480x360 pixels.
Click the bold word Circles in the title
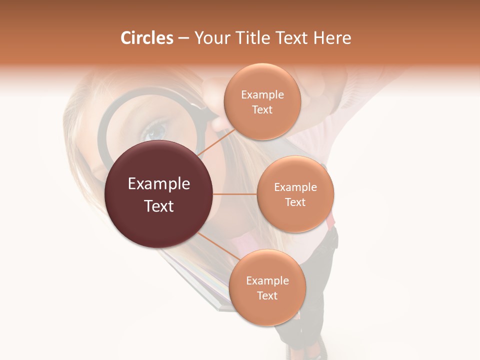pos(147,38)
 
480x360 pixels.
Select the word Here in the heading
pos(333,38)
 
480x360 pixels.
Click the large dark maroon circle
pos(158,194)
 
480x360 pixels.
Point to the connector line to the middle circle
pos(234,194)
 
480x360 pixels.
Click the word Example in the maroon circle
pos(159,184)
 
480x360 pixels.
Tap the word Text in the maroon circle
pos(159,206)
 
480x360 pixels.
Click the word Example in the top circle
pos(262,94)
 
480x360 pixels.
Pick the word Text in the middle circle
pos(295,202)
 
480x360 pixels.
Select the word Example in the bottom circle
pos(267,280)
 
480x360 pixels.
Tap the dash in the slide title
pos(183,38)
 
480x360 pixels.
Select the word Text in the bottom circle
pos(267,295)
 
